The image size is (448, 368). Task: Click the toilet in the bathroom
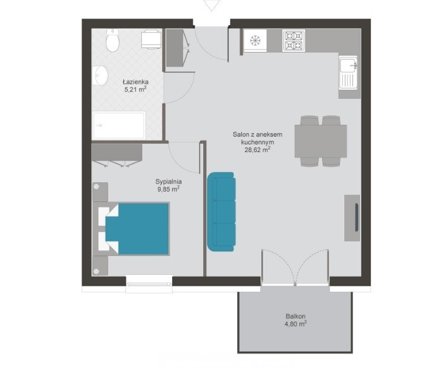[x=112, y=41]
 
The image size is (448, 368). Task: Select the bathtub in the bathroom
[x=119, y=126]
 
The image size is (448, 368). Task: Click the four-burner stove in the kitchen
[x=294, y=41]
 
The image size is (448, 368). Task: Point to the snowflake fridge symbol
[x=255, y=41]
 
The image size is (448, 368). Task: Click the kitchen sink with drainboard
[x=348, y=73]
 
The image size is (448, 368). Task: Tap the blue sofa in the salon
[x=221, y=212]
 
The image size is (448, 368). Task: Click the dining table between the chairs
[x=321, y=141]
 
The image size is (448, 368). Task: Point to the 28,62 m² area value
[x=258, y=150]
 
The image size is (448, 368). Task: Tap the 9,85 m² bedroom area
[x=168, y=189]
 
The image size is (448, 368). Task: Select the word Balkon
[x=296, y=316]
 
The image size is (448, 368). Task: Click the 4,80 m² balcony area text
[x=296, y=324]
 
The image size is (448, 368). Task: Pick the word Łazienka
[x=135, y=82]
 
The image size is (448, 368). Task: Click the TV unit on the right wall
[x=352, y=218]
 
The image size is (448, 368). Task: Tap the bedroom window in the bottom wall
[x=149, y=284]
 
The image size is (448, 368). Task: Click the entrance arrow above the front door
[x=211, y=6]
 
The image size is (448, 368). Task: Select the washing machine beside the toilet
[x=151, y=39]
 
